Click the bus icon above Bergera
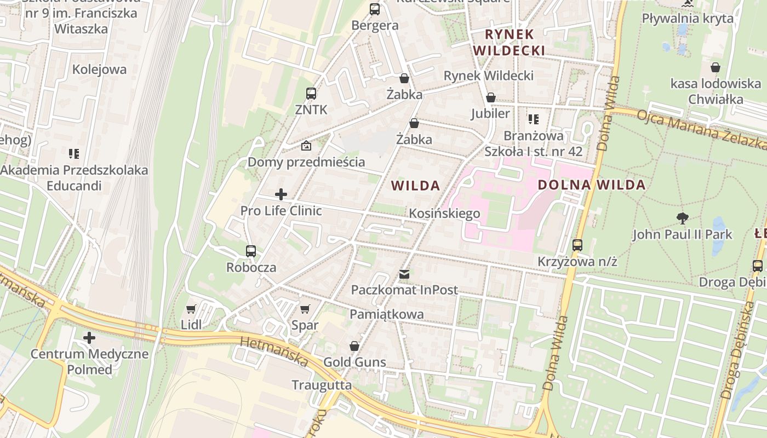pyautogui.click(x=375, y=9)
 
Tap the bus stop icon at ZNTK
pyautogui.click(x=311, y=94)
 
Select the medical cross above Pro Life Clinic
pyautogui.click(x=281, y=194)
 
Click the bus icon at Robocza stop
pyautogui.click(x=251, y=251)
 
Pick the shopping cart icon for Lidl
pyautogui.click(x=191, y=309)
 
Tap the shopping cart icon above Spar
pyautogui.click(x=305, y=309)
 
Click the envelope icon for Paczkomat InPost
pyautogui.click(x=404, y=274)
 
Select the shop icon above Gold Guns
pyautogui.click(x=354, y=346)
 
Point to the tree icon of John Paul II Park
pyautogui.click(x=682, y=218)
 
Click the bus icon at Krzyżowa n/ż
pyautogui.click(x=577, y=245)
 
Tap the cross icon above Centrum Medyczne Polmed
pyautogui.click(x=89, y=337)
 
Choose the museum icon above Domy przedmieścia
pyautogui.click(x=306, y=146)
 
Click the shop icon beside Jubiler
pyautogui.click(x=491, y=97)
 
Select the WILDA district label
pyautogui.click(x=416, y=186)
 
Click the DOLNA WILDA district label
pyautogui.click(x=591, y=185)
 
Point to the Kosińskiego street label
pyautogui.click(x=444, y=214)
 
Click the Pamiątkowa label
pyautogui.click(x=387, y=314)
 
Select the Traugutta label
pyautogui.click(x=322, y=385)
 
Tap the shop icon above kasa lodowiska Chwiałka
pyautogui.click(x=716, y=67)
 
